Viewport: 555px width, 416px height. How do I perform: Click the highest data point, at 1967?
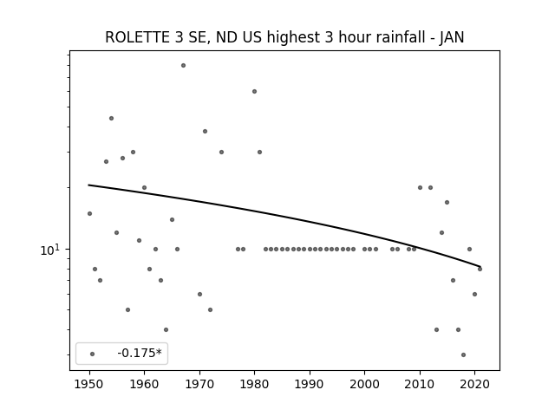(x=183, y=66)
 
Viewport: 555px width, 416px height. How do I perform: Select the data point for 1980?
(x=254, y=92)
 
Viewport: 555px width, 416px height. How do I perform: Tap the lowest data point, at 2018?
(x=464, y=354)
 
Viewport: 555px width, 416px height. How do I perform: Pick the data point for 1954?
(x=112, y=118)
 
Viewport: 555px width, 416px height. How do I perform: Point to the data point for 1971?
(x=205, y=131)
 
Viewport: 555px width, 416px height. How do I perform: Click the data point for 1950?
(x=90, y=214)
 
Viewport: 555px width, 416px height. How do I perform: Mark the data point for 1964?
(x=166, y=329)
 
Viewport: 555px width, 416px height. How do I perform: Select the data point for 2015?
(x=447, y=202)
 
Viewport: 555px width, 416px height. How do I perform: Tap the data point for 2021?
(x=480, y=270)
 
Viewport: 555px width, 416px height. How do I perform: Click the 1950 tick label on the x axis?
(x=89, y=384)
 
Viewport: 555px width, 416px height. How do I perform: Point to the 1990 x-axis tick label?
(x=310, y=384)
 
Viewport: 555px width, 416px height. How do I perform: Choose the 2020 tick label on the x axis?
(x=475, y=384)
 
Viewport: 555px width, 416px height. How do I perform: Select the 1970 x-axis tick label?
(x=199, y=384)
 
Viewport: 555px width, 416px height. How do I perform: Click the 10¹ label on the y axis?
(x=50, y=250)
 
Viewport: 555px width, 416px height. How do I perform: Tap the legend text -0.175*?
(x=140, y=353)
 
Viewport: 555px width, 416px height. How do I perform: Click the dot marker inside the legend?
(x=93, y=354)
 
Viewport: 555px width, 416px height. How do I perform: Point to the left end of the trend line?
(x=88, y=185)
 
